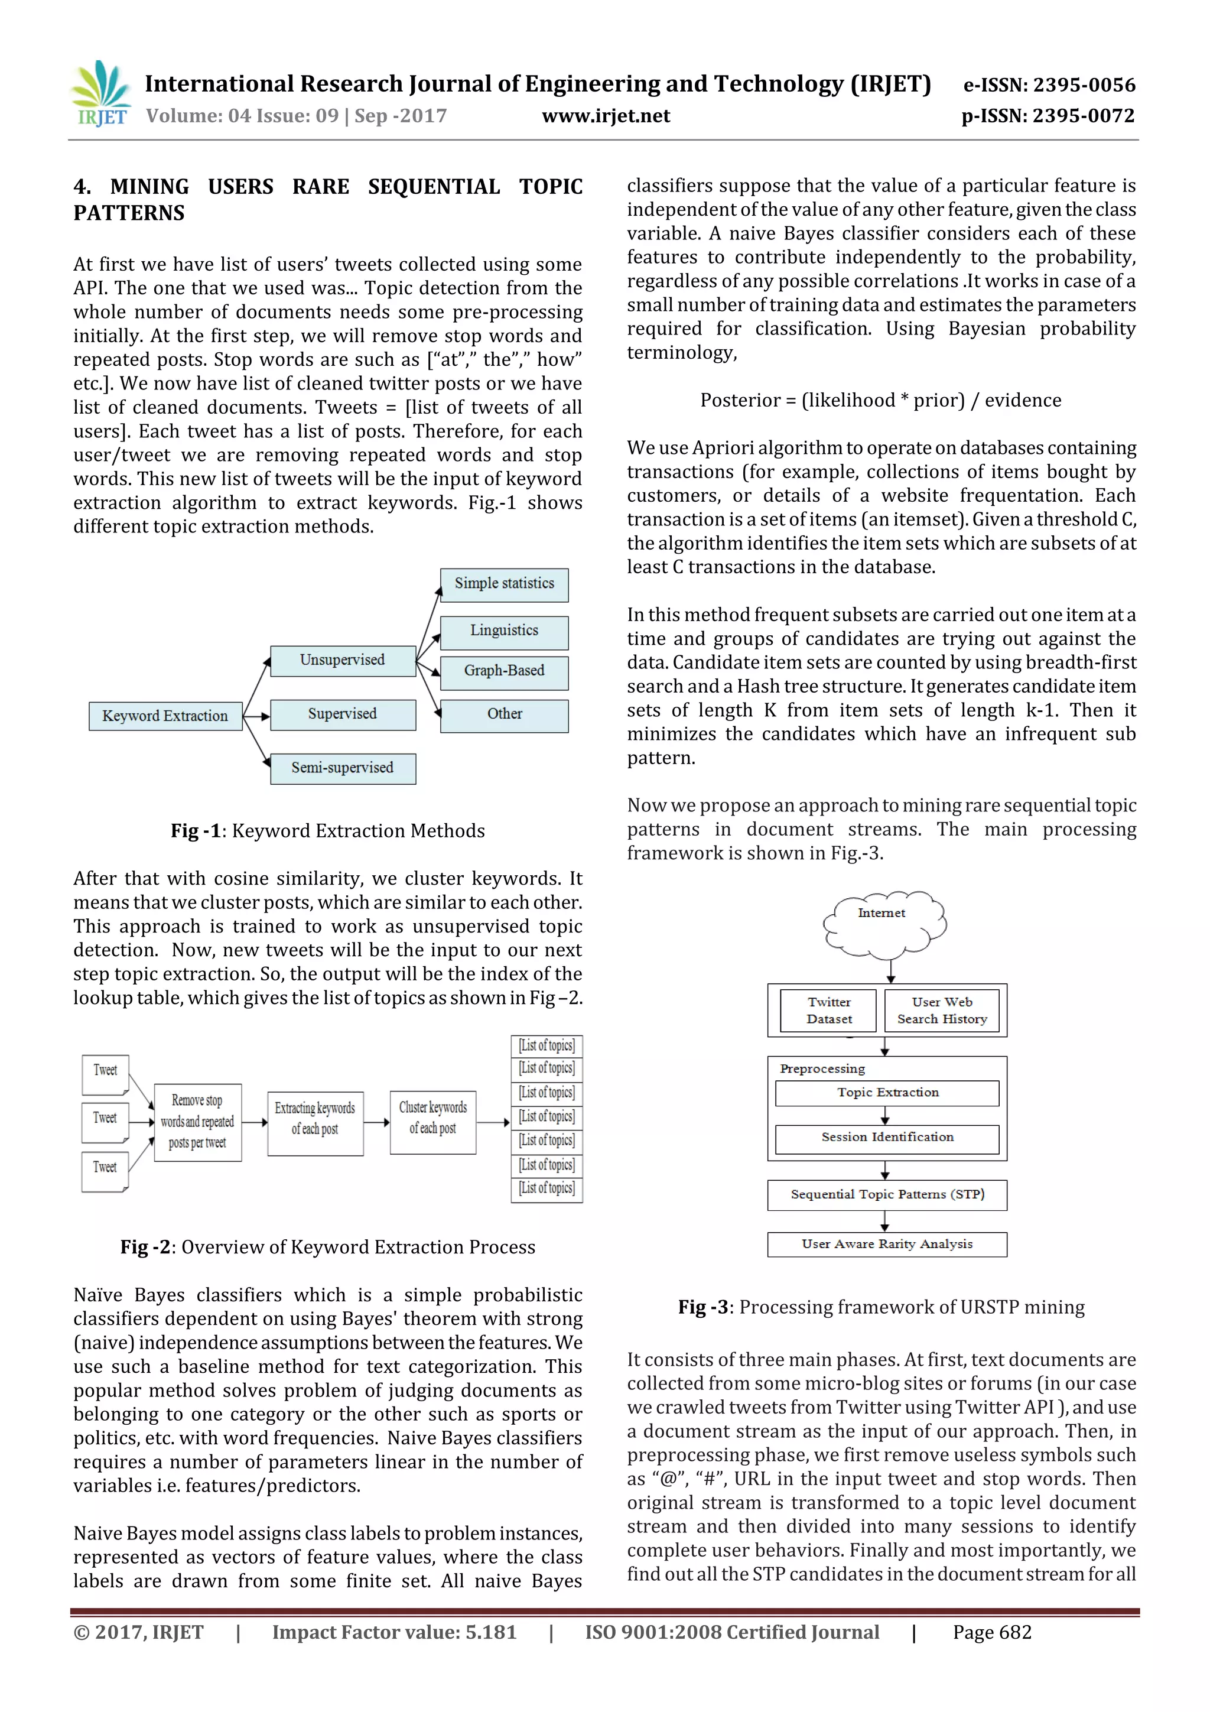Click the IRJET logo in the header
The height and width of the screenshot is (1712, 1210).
click(100, 94)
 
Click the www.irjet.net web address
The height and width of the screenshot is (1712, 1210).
click(606, 116)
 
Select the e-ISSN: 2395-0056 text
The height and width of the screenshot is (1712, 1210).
click(1049, 85)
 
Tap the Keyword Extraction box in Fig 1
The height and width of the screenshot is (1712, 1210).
click(165, 716)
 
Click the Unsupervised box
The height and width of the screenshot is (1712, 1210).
click(342, 660)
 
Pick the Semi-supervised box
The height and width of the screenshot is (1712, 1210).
click(342, 768)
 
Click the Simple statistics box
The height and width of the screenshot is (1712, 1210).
click(504, 584)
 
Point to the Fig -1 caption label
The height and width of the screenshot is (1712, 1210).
click(196, 831)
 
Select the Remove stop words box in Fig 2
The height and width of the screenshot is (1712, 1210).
click(197, 1122)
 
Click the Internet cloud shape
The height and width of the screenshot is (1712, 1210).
click(883, 925)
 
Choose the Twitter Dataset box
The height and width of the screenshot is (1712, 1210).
click(828, 1011)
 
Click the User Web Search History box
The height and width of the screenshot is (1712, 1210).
click(942, 1011)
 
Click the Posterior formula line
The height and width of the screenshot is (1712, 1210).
click(880, 401)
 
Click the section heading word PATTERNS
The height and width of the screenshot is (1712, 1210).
click(129, 213)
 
